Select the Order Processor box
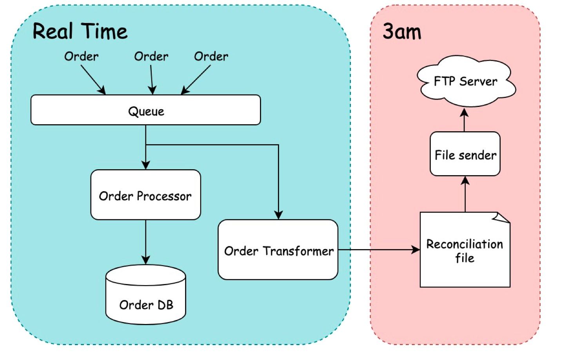pyautogui.click(x=145, y=195)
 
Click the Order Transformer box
pyautogui.click(x=278, y=250)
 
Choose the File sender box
pyautogui.click(x=465, y=154)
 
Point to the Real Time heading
pyautogui.click(x=80, y=31)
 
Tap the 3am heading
pyautogui.click(x=402, y=31)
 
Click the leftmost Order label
pyautogui.click(x=82, y=56)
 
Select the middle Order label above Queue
pyautogui.click(x=151, y=56)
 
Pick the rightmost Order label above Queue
pyautogui.click(x=211, y=56)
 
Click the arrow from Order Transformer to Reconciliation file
pyautogui.click(x=378, y=250)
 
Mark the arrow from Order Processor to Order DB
pyautogui.click(x=145, y=241)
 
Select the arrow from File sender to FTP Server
pyautogui.click(x=465, y=120)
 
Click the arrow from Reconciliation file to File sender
pyautogui.click(x=465, y=194)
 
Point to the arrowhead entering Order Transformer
pyautogui.click(x=278, y=215)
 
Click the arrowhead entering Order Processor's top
pyautogui.click(x=146, y=165)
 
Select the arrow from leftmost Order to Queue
pyautogui.click(x=93, y=80)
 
